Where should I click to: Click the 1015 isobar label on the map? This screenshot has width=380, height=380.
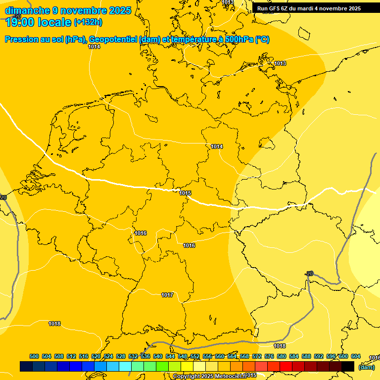(186, 193)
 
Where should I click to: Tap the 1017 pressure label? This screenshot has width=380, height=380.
(167, 295)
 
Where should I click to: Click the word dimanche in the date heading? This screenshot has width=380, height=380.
(27, 10)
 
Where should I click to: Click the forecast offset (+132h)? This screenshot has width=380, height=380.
(88, 22)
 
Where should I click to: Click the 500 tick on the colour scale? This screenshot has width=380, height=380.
(34, 356)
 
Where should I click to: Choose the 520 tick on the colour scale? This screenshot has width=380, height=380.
(96, 356)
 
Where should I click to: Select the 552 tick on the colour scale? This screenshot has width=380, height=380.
(195, 356)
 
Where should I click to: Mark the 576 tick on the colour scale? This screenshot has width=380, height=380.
(269, 356)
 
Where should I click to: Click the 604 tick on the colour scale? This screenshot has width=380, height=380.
(356, 356)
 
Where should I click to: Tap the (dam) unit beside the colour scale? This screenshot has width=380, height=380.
(366, 367)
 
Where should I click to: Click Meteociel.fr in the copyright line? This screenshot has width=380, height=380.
(227, 376)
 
